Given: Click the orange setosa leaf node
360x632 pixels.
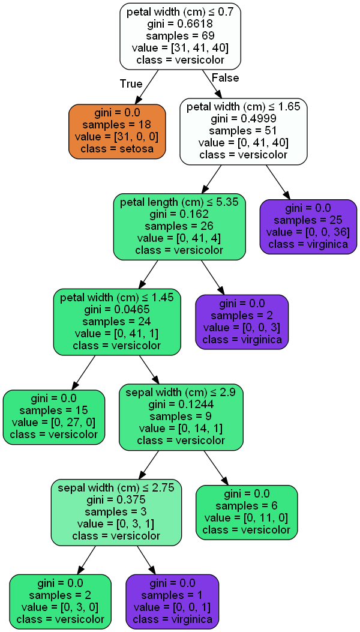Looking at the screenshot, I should (117, 131).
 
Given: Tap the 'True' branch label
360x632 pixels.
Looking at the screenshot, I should (131, 83).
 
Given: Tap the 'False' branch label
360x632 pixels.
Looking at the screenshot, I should (225, 78).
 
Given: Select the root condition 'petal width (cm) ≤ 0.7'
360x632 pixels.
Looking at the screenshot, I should (181, 12).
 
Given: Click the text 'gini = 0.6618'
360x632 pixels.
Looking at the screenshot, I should (181, 24).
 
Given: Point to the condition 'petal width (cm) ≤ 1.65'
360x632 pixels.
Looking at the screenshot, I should (244, 107).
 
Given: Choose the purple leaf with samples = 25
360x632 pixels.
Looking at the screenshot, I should (308, 226).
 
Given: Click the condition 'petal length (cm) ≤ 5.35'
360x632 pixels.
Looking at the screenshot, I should (179, 202).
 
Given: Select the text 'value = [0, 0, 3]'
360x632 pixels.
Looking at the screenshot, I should (242, 328).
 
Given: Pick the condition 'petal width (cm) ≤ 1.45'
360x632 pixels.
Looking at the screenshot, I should (117, 298).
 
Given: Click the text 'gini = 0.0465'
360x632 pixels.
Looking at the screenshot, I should (117, 310).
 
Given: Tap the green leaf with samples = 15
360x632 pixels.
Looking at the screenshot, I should (53, 417).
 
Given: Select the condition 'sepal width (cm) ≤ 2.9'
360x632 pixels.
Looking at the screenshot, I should (181, 393).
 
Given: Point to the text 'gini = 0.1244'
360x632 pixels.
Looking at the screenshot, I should (181, 405).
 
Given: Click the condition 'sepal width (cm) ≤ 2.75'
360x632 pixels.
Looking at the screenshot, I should (116, 488).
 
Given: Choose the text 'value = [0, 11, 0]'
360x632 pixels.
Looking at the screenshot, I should (247, 518).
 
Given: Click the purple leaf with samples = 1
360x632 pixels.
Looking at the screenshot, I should (172, 601).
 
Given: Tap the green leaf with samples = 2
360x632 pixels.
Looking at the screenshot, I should (61, 601).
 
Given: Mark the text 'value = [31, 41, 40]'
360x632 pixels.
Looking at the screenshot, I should (181, 48).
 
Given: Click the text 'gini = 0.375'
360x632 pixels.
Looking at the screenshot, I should (116, 500).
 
